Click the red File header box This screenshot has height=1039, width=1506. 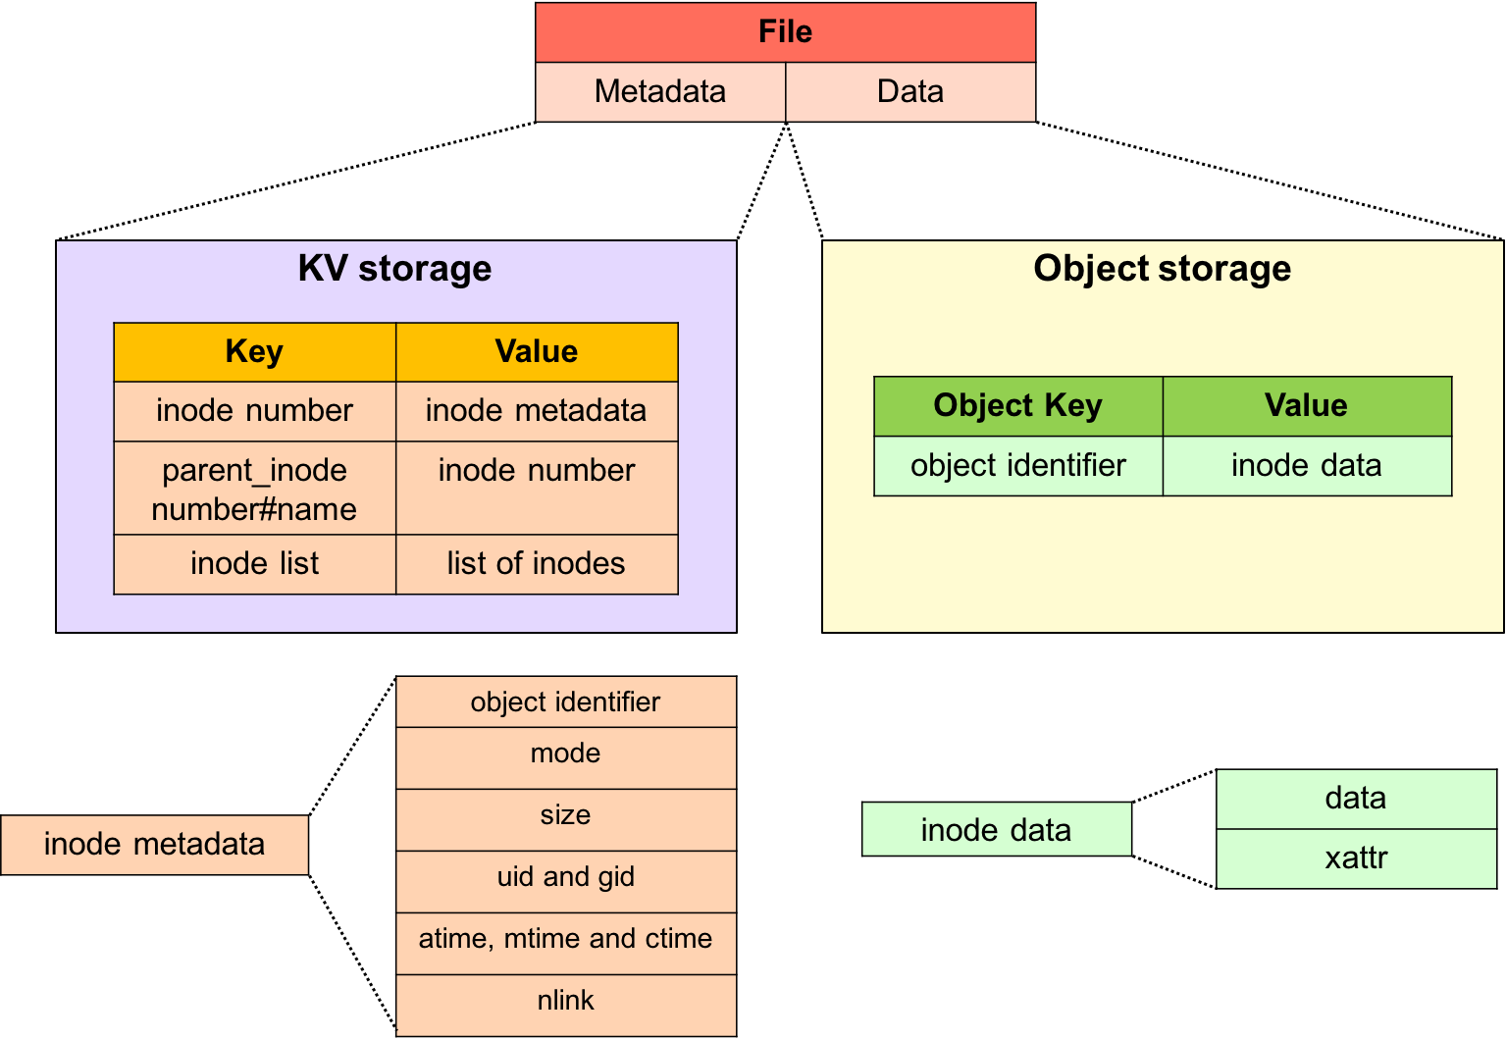tap(785, 32)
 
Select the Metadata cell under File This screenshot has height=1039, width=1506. tap(660, 92)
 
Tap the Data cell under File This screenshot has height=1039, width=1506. tap(909, 92)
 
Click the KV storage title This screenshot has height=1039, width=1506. tap(394, 269)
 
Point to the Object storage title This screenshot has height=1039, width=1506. tap(1162, 269)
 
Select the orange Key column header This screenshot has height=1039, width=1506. tap(254, 352)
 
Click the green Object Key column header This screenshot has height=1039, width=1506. tap(1017, 406)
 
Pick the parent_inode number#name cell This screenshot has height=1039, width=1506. tap(254, 489)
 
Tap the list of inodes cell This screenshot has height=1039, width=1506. tap(536, 564)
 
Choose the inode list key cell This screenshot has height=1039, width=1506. tap(254, 564)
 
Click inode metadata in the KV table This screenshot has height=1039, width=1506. tap(536, 411)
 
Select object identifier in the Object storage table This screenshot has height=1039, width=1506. tap(1017, 466)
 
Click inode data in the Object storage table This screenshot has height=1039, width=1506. tap(1306, 466)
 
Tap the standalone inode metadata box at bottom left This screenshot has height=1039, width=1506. tap(154, 845)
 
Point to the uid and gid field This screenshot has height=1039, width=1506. tap(565, 877)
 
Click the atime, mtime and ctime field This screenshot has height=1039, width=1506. tap(565, 939)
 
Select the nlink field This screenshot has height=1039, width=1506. tap(565, 1001)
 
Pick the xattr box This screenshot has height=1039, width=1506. tap(1356, 858)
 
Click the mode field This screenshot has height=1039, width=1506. tap(565, 753)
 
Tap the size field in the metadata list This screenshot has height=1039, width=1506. tap(565, 815)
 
